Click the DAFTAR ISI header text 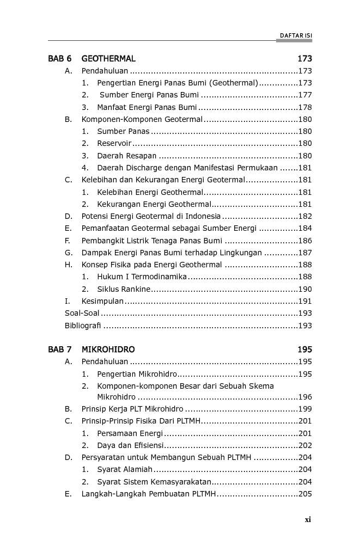pos(296,35)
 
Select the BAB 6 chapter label pos(59,59)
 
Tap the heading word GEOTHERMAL pos(108,59)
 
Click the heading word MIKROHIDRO pos(108,349)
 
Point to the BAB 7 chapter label pos(59,349)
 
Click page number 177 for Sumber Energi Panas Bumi pos(305,95)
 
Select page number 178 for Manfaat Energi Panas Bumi pos(305,107)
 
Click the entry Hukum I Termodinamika pos(142,277)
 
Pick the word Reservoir pos(114,144)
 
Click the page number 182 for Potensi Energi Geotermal pos(305,217)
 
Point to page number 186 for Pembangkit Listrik pos(305,241)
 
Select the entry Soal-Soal pos(82,314)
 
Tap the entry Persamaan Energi pos(130,433)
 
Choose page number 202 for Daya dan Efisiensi pos(305,445)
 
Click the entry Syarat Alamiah pos(125,469)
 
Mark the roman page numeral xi pos(308,520)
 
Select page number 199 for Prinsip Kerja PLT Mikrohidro pos(305,409)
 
